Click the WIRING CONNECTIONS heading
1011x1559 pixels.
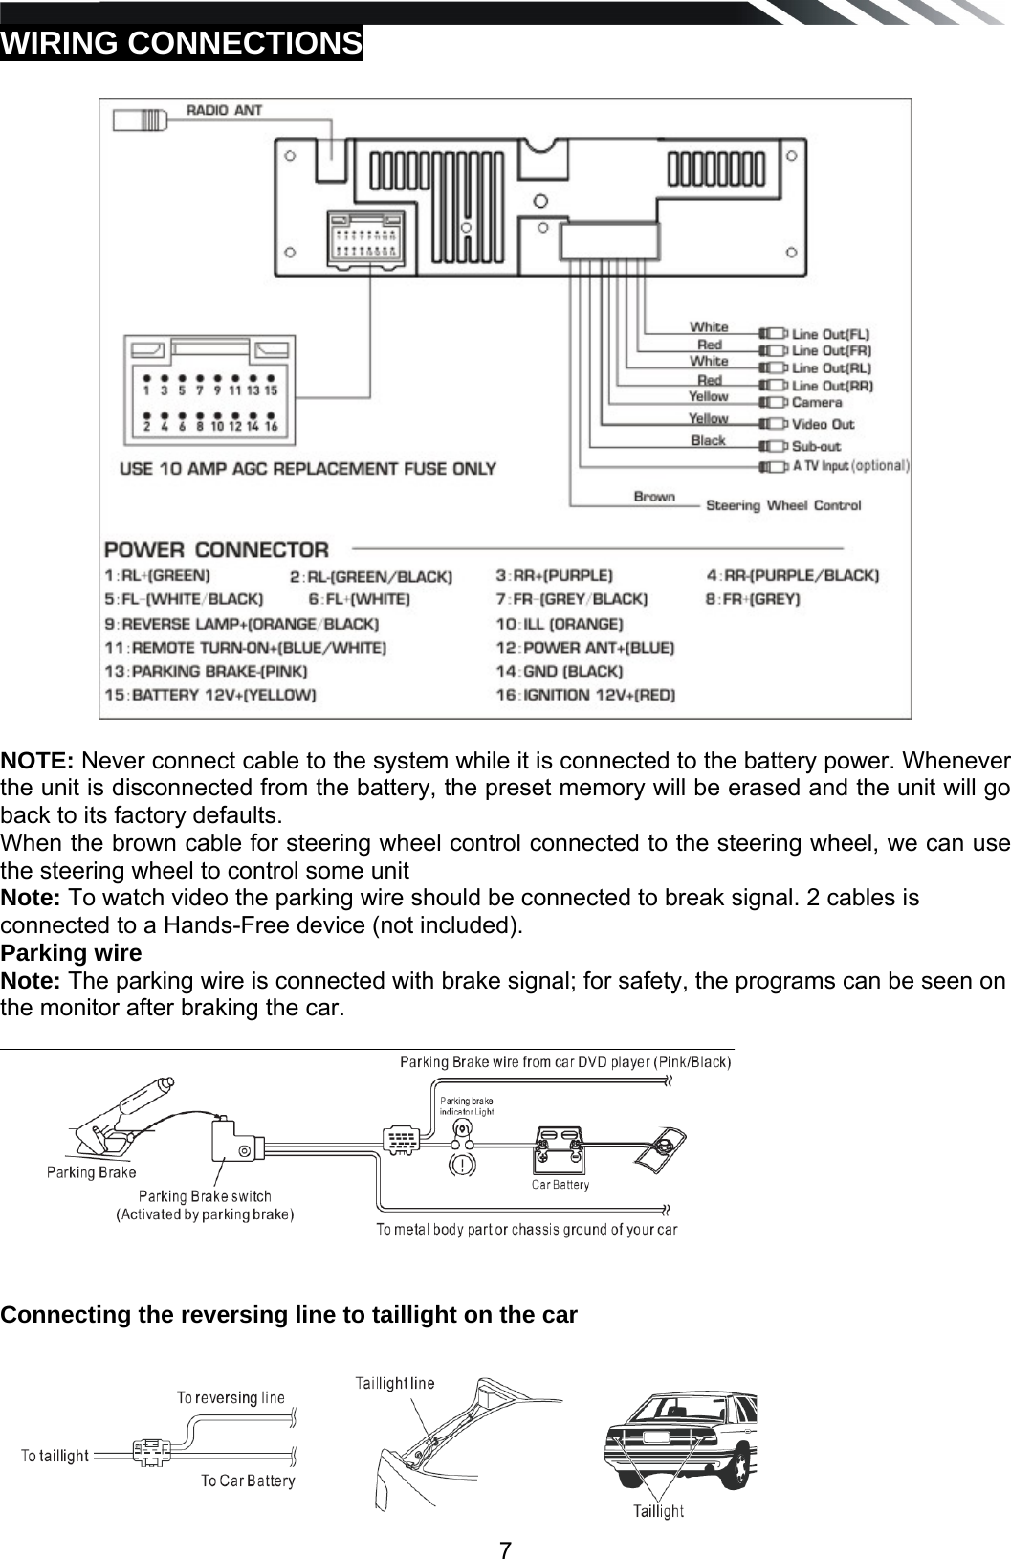click(182, 43)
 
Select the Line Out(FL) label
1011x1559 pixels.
click(831, 334)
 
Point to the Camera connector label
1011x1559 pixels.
click(817, 403)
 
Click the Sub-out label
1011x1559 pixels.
click(816, 446)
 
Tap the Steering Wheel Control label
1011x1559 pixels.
click(782, 505)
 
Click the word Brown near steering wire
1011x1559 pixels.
click(654, 497)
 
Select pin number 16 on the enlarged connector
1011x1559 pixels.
click(271, 427)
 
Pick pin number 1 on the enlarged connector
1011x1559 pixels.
click(146, 390)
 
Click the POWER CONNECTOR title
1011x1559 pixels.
click(216, 550)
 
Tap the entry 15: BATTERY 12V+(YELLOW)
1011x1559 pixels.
click(210, 695)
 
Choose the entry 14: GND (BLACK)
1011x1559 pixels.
click(559, 671)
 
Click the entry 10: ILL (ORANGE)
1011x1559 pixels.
click(559, 624)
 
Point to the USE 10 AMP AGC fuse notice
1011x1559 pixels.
click(307, 469)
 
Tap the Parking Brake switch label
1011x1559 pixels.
click(205, 1196)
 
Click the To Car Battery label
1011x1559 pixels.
click(248, 1481)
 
